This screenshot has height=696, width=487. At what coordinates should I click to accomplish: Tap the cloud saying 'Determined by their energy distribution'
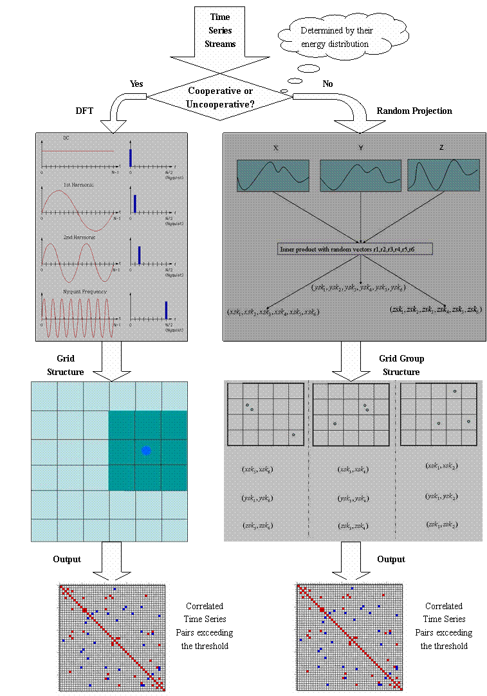coord(335,37)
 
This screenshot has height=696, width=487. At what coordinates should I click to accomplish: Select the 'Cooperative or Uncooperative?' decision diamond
coord(221,96)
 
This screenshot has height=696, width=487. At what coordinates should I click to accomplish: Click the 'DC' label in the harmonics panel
coord(66,138)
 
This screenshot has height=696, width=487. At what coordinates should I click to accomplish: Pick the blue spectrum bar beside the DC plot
coord(131,157)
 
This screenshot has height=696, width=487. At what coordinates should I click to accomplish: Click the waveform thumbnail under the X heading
coord(273,176)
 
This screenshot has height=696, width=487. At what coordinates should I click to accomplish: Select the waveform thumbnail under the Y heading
coord(361,176)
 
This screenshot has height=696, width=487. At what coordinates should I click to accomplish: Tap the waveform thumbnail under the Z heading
coord(443,176)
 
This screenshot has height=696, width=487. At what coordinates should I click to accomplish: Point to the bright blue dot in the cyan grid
coord(146,450)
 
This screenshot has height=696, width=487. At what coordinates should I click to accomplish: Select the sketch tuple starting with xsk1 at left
coord(273,311)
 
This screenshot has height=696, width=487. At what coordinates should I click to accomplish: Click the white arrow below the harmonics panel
coord(111,360)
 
